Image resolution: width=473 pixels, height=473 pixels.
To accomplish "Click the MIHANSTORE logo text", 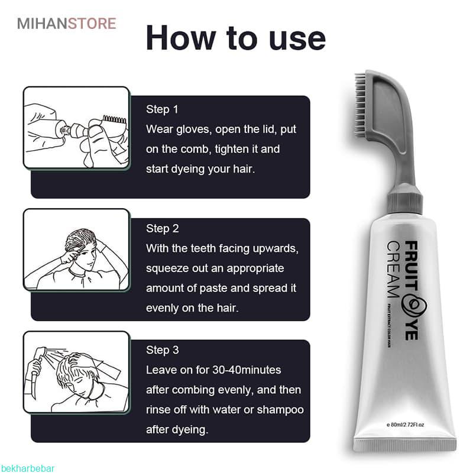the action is point(67,24).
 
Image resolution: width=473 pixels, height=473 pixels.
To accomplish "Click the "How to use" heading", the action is point(235,38).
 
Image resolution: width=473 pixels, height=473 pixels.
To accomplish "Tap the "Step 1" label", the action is point(162,109).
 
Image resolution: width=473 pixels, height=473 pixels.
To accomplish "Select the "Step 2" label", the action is point(162,228).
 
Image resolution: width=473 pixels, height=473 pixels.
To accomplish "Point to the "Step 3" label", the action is point(162,350).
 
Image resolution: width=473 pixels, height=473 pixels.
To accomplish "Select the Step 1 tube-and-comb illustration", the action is point(76,127).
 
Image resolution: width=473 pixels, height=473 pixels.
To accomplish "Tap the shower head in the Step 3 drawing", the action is point(40,352).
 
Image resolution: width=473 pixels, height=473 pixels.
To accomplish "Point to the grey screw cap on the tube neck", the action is point(404,200).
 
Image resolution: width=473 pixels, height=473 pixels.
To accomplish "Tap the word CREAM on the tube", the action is point(394,270).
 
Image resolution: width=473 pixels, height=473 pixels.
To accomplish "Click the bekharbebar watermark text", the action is point(27,468).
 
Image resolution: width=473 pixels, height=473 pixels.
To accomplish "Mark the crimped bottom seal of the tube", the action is point(405,445).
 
